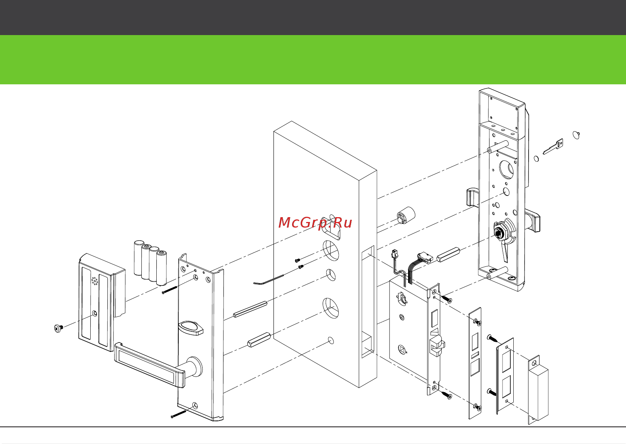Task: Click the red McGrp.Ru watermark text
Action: pos(315,223)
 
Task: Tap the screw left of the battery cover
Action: pos(59,328)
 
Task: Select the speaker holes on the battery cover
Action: pos(95,281)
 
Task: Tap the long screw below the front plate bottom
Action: pos(178,415)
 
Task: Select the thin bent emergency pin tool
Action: pos(269,280)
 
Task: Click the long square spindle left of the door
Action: pos(250,309)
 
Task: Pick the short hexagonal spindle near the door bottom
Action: pos(259,340)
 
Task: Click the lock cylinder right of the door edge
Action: pos(406,215)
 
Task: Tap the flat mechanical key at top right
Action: pos(553,146)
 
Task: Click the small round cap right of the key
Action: pos(576,135)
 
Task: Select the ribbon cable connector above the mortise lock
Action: pos(425,258)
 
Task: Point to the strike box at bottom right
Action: pos(538,390)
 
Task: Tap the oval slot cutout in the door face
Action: pos(331,229)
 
